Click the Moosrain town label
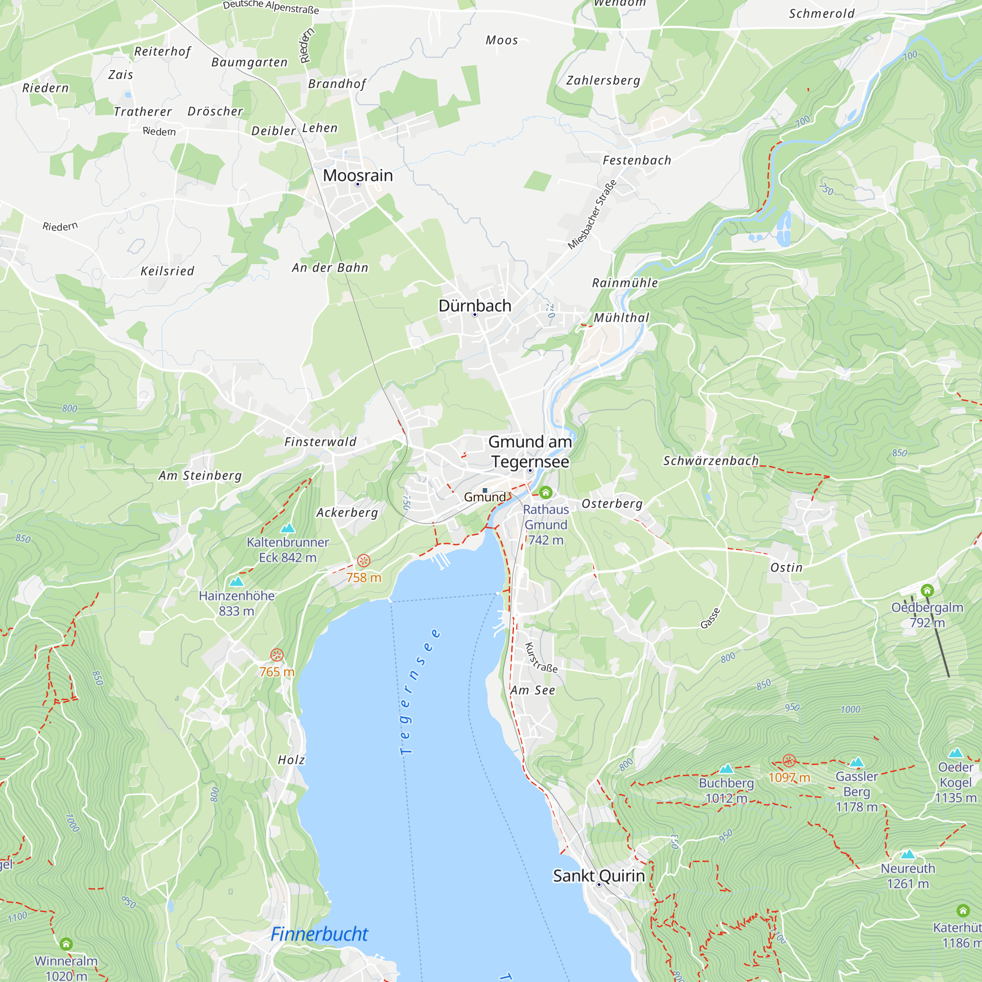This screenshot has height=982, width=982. click(358, 175)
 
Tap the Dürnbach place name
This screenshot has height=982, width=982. click(475, 306)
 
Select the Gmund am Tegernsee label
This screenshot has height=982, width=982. click(530, 452)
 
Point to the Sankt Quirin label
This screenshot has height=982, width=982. click(599, 876)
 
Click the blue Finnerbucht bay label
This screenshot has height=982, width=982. click(319, 934)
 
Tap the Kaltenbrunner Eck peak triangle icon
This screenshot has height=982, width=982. click(288, 528)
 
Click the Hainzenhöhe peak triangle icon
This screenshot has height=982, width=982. click(236, 581)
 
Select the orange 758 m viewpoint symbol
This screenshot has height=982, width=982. click(363, 561)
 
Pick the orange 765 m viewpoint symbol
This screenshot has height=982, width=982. click(276, 655)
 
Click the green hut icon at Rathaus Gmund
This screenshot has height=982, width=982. click(546, 492)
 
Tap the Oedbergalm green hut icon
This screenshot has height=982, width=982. click(927, 590)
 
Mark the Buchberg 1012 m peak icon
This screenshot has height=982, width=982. click(726, 768)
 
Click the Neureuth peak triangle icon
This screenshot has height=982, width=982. click(908, 854)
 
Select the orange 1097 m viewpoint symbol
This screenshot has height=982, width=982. click(789, 761)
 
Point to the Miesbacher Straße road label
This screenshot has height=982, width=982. click(592, 215)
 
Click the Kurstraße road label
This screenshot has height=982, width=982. click(541, 658)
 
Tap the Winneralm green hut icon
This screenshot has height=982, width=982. click(66, 944)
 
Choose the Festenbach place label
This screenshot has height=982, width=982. click(637, 161)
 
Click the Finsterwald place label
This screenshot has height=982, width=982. click(320, 442)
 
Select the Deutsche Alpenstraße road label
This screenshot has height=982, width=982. click(271, 7)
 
